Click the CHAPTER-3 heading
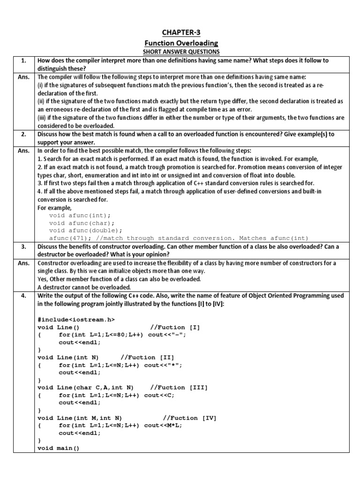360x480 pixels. (x=180, y=32)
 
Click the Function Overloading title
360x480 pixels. (x=180, y=43)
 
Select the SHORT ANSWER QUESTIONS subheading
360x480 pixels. (x=180, y=52)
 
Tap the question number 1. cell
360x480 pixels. (x=23, y=60)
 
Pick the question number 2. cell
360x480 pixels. (x=23, y=134)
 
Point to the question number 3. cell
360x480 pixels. (x=23, y=247)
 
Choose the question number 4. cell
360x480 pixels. (x=23, y=296)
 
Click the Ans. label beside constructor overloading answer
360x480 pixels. (x=23, y=263)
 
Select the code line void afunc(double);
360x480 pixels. (x=85, y=230)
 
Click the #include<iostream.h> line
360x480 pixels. (x=76, y=319)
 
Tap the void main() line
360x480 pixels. (x=58, y=448)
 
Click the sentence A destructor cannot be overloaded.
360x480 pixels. (x=84, y=287)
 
